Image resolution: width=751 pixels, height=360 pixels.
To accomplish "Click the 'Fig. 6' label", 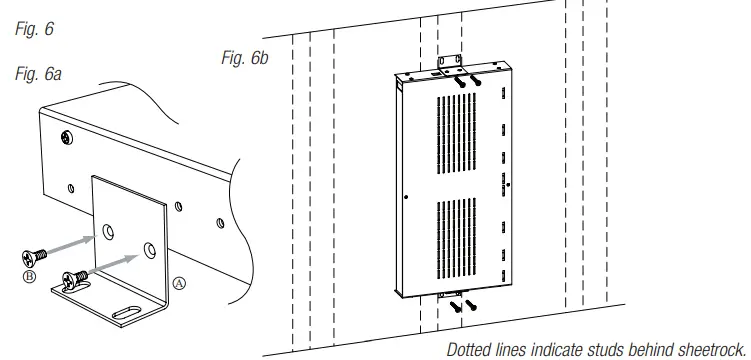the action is [34, 29].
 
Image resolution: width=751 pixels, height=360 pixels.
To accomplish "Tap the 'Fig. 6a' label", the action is [38, 74].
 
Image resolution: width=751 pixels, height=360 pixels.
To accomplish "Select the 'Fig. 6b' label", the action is [245, 58].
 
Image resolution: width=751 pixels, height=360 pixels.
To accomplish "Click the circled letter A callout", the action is [178, 283].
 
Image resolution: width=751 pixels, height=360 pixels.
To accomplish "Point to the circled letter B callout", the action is [29, 276].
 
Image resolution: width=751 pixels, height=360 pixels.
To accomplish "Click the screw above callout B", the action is [34, 257].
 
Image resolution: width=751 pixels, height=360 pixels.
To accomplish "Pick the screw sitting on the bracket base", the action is [75, 278].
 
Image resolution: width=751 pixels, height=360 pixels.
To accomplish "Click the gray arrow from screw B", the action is [72, 245].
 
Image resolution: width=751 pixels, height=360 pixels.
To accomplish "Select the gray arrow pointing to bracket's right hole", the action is [114, 266].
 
